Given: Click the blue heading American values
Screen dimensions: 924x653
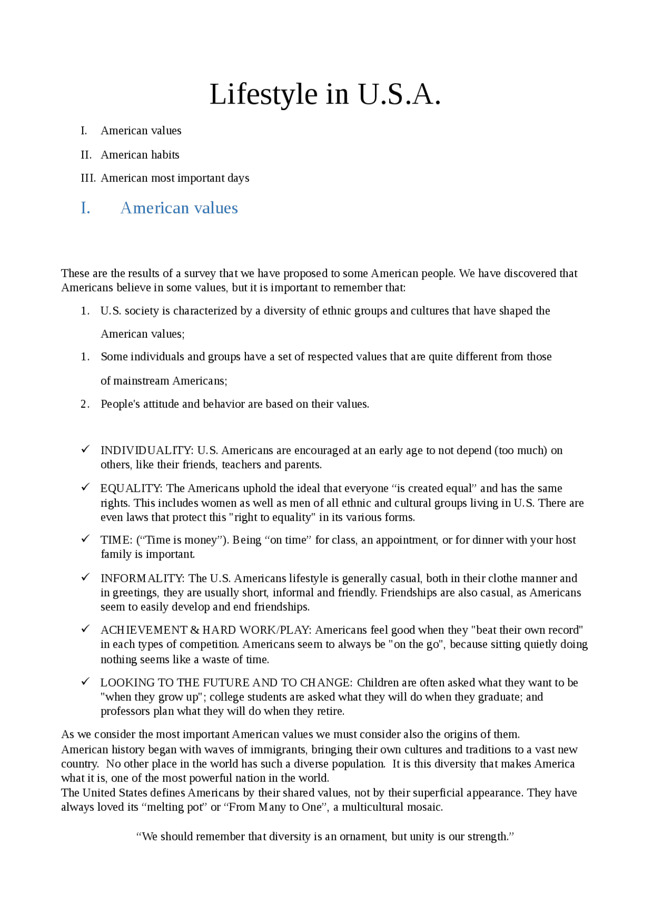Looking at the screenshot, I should (179, 208).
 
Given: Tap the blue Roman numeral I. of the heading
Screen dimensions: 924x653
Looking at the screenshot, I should (86, 208).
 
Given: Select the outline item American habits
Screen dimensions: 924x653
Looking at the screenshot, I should (140, 155).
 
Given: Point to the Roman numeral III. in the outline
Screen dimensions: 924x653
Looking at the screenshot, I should (88, 178).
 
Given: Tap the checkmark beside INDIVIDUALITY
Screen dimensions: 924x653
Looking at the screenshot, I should (85, 449).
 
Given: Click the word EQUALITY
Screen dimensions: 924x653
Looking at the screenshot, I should (131, 489).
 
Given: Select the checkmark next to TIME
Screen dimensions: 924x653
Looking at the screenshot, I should (85, 539).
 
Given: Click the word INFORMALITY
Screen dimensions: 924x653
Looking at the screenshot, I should (142, 579).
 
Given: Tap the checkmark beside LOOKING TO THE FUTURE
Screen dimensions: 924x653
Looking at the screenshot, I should (85, 681).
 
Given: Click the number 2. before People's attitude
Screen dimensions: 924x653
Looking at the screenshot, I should (85, 404).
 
